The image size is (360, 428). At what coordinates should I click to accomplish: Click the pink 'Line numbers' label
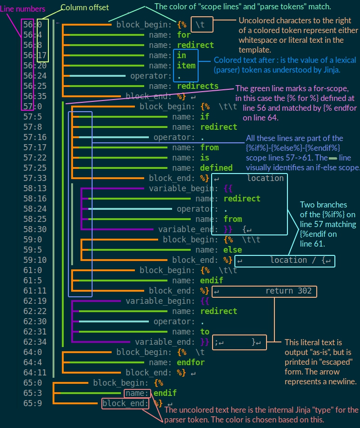(x=23, y=9)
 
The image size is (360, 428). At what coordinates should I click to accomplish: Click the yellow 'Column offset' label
(x=85, y=7)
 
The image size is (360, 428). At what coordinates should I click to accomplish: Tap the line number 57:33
(x=35, y=178)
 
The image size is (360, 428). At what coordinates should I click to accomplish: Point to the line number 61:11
(x=35, y=291)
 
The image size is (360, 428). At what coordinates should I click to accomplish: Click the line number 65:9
(x=33, y=403)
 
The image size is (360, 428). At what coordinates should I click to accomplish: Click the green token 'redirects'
(x=198, y=86)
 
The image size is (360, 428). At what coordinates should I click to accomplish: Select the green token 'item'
(x=186, y=66)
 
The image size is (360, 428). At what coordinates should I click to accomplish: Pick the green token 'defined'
(x=216, y=168)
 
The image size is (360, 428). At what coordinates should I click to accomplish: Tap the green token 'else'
(x=233, y=250)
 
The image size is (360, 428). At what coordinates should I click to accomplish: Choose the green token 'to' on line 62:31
(x=205, y=332)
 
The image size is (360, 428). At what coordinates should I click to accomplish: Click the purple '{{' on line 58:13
(x=228, y=188)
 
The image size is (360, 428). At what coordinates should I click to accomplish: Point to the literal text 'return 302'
(x=286, y=291)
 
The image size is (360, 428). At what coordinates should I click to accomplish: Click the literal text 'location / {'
(x=295, y=261)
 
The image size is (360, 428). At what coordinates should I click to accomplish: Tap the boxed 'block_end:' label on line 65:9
(x=126, y=403)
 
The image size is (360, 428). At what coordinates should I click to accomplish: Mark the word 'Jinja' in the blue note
(x=329, y=70)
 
